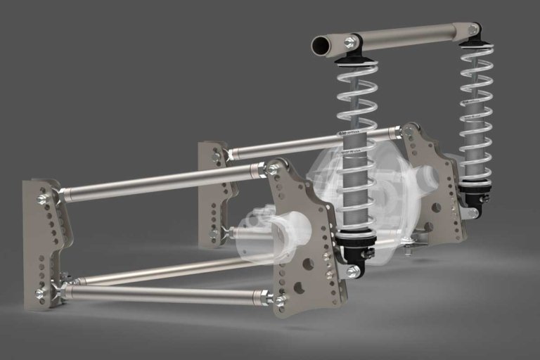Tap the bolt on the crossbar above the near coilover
[349, 43]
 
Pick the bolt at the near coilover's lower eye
[353, 271]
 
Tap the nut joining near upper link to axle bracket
[272, 169]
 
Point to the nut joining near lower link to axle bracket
[280, 300]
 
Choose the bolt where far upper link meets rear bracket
[406, 131]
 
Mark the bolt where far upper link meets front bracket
[216, 158]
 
